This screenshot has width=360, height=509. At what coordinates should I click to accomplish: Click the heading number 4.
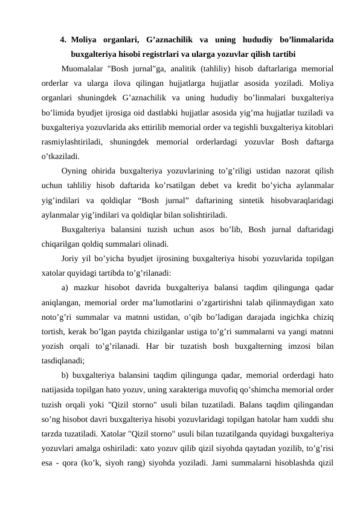click(x=63, y=40)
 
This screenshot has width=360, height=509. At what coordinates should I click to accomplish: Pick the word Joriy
click(x=71, y=259)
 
